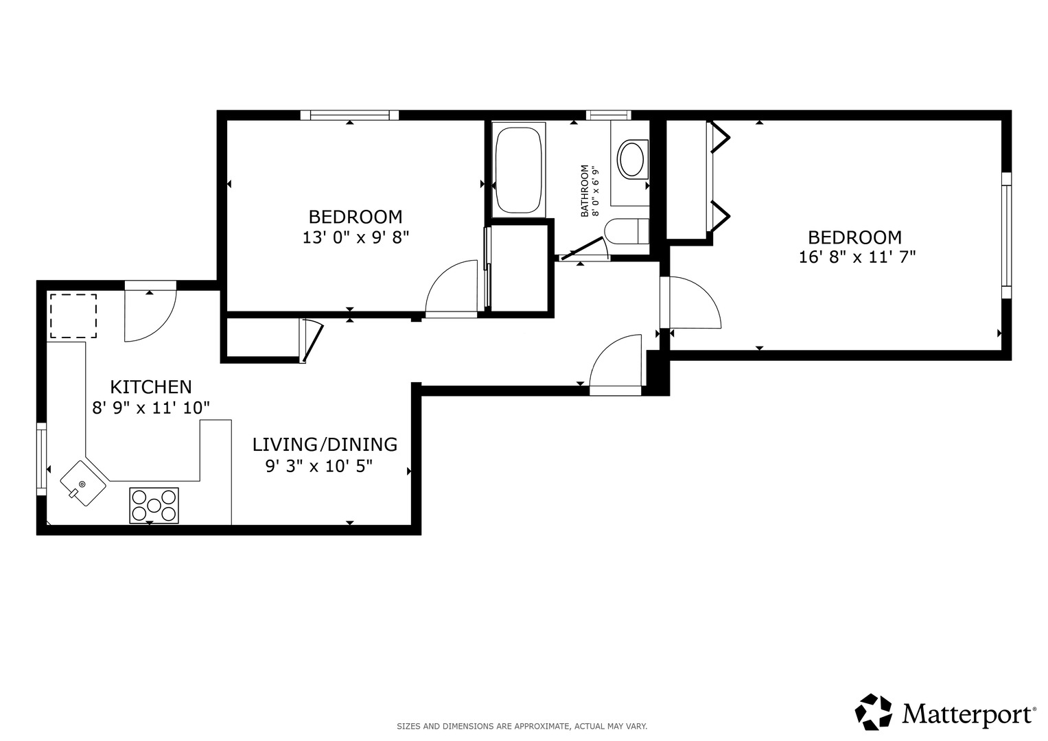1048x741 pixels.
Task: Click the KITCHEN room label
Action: (x=151, y=387)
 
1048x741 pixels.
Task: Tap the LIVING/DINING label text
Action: (x=325, y=445)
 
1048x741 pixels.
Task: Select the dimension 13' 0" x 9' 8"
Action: (x=356, y=237)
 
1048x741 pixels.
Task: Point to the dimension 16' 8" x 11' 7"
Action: (x=857, y=257)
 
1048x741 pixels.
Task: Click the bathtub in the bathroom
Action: (x=519, y=170)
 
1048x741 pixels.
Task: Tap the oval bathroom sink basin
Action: (x=631, y=159)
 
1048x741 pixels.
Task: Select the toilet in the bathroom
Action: (x=627, y=231)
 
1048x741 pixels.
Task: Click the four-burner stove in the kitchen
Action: (x=154, y=505)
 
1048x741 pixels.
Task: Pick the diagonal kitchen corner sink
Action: (x=83, y=483)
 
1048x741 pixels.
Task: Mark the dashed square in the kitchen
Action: (x=73, y=316)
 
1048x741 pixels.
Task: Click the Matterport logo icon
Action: (x=874, y=711)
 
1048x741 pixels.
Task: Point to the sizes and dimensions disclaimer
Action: (x=522, y=727)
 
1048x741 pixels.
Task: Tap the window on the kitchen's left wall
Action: (x=42, y=458)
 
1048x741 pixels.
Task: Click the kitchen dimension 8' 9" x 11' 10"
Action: (x=151, y=408)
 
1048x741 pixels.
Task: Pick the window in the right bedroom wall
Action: (x=1006, y=235)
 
